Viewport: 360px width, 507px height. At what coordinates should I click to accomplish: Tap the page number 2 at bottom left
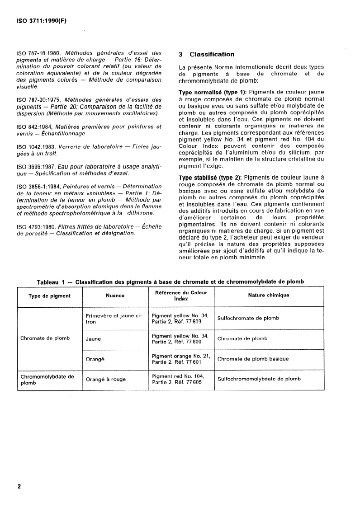point(19,487)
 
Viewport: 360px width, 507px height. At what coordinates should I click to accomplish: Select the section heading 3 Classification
point(207,55)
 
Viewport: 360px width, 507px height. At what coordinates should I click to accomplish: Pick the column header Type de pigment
point(50,296)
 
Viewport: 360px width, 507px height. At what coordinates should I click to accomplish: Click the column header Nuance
point(116,296)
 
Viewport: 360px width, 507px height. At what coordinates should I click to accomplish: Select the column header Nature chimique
point(269,296)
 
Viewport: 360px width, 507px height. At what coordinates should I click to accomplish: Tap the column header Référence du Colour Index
point(181,296)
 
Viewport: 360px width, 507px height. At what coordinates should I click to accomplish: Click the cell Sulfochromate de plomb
point(248,318)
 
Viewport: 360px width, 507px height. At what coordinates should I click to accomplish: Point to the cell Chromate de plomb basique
point(253,359)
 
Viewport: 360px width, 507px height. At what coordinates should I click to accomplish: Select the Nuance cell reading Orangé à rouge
point(106,380)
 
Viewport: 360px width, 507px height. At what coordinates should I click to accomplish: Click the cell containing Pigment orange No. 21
point(181,359)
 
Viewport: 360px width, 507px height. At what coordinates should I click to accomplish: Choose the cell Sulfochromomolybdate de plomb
point(259,379)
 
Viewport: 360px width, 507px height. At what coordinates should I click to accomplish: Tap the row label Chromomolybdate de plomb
point(47,380)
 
